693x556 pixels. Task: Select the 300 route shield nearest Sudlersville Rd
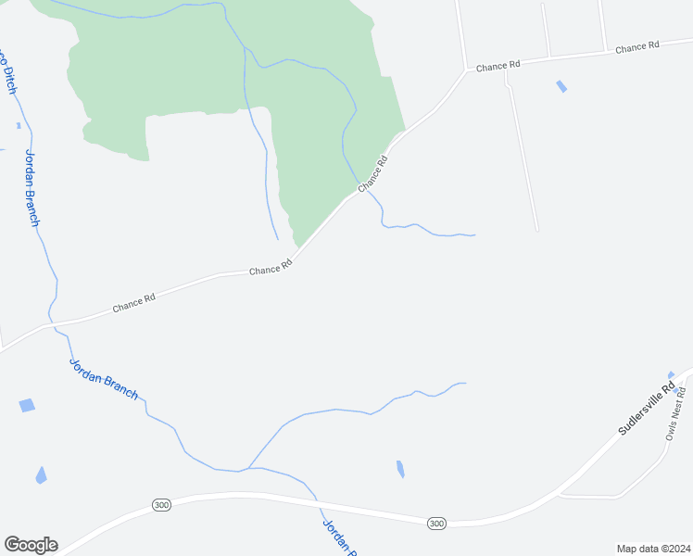click(x=436, y=524)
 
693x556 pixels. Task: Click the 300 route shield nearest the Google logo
click(x=162, y=505)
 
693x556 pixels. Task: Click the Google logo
click(x=31, y=545)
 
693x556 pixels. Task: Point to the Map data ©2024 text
click(x=652, y=549)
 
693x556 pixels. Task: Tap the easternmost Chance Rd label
click(x=636, y=46)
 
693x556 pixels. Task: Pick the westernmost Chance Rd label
click(x=134, y=303)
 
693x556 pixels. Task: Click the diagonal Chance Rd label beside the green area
click(x=372, y=173)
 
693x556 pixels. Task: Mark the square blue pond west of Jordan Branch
click(x=26, y=406)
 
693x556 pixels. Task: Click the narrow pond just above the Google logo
click(x=41, y=474)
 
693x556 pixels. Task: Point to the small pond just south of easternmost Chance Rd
click(x=561, y=87)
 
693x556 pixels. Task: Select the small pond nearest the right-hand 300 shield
click(x=400, y=469)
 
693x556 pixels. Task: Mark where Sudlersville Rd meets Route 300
click(x=560, y=492)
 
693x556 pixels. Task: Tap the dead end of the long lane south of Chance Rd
click(x=536, y=230)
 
